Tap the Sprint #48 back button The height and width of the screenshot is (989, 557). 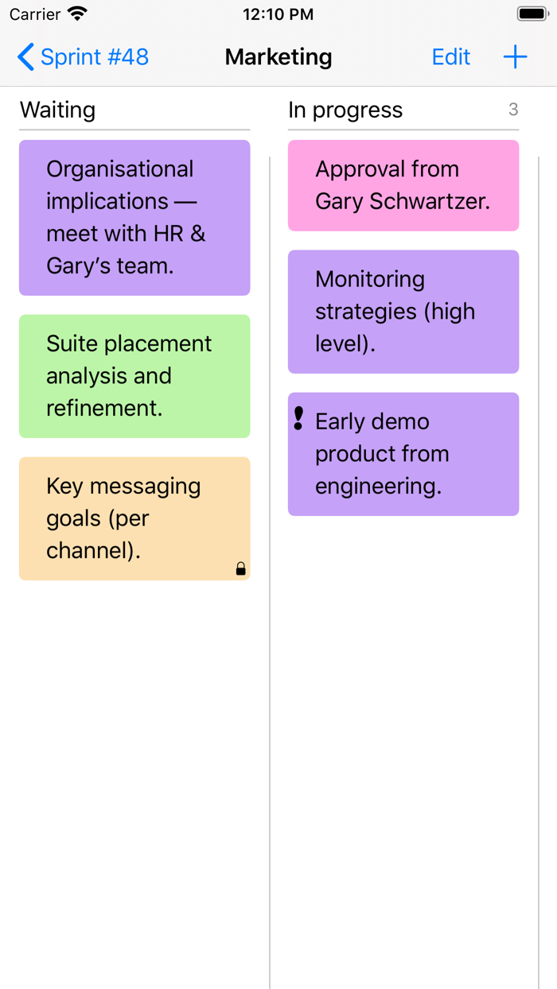(x=83, y=57)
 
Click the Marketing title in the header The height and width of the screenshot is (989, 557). (x=278, y=57)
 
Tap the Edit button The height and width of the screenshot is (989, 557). (x=450, y=57)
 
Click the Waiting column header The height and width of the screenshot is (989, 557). (x=57, y=111)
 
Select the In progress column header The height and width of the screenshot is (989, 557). (x=345, y=111)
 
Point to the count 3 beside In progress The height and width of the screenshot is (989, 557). (x=513, y=110)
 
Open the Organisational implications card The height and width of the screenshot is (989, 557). (x=134, y=218)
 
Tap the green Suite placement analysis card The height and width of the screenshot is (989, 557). (x=134, y=376)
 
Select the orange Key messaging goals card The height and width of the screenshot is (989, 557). (x=134, y=518)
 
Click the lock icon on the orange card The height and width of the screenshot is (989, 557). (x=240, y=568)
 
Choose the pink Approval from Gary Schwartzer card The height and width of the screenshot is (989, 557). (x=403, y=185)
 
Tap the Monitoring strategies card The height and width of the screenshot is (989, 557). (x=403, y=312)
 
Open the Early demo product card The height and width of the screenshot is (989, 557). (x=403, y=454)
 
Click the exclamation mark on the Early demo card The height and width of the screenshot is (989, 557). (x=298, y=419)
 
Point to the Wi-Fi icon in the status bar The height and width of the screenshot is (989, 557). (x=77, y=14)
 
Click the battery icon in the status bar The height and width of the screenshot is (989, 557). (x=532, y=14)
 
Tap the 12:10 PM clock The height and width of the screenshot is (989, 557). (x=278, y=14)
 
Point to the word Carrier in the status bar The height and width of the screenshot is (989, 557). (x=35, y=14)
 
